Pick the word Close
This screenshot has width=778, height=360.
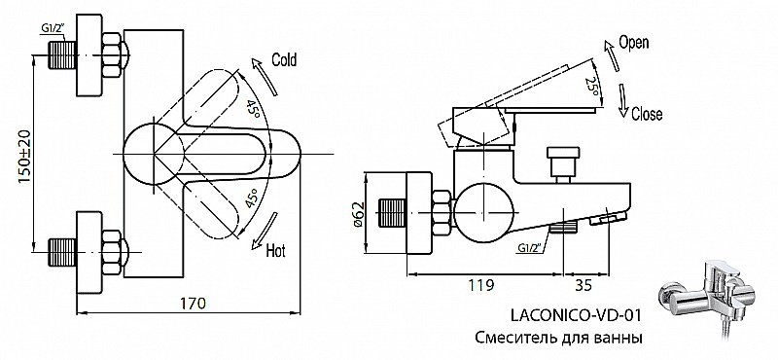pyautogui.click(x=646, y=114)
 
